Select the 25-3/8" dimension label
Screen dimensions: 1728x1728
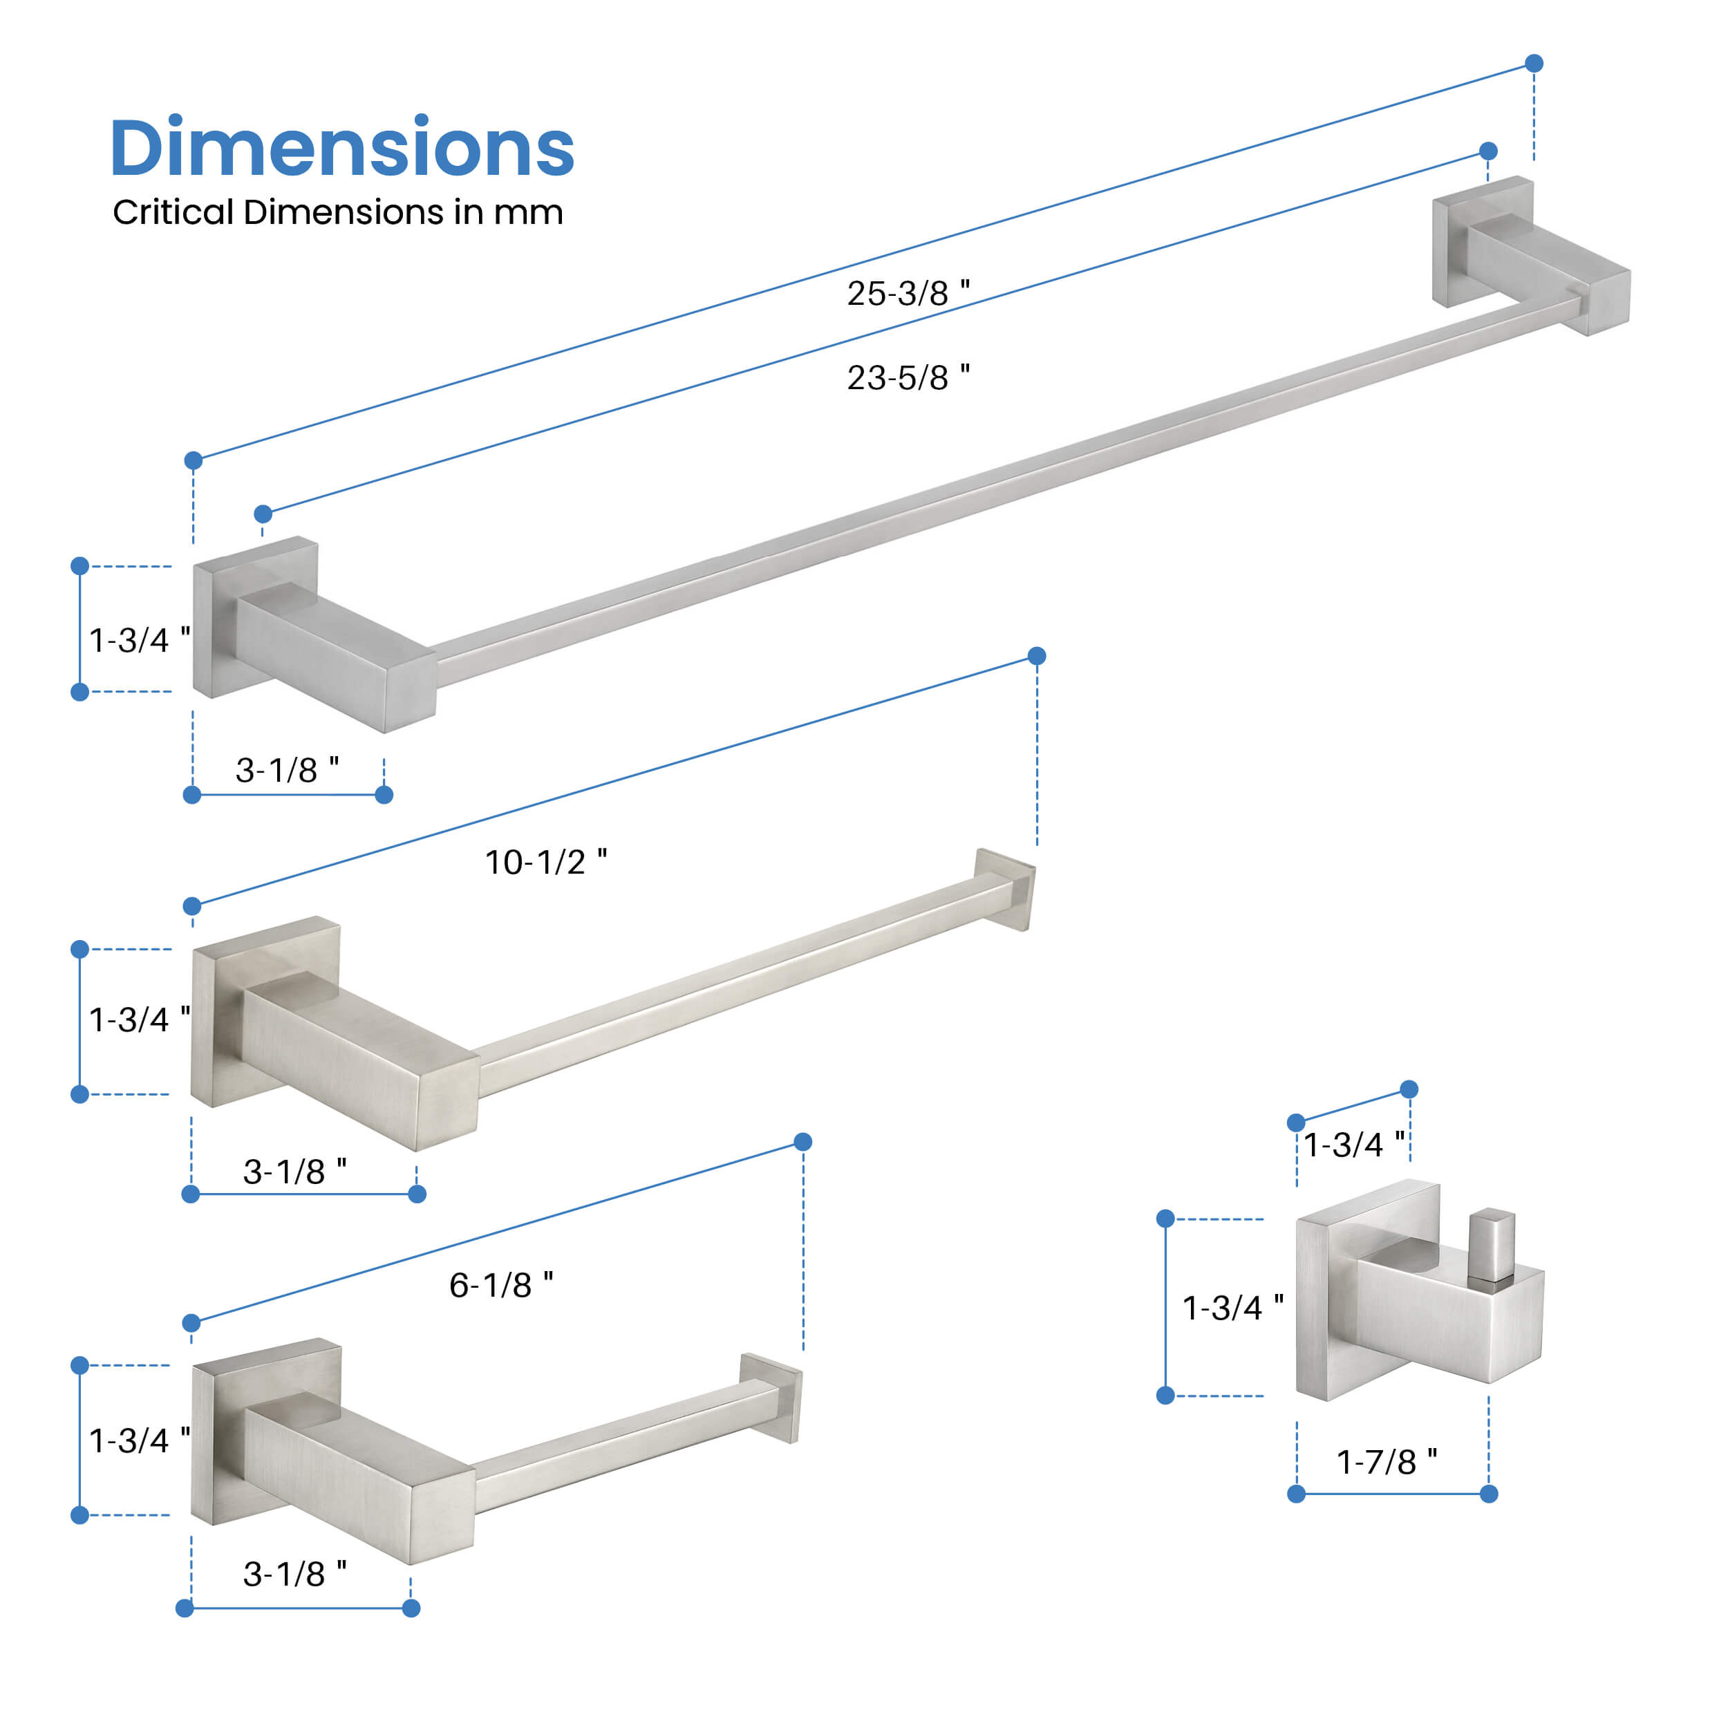(x=908, y=293)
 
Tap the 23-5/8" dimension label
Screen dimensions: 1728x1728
(x=908, y=377)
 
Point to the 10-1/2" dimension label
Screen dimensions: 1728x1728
(x=545, y=862)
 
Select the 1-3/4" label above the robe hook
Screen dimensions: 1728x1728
(x=1353, y=1145)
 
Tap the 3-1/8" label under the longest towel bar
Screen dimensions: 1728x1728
(x=287, y=770)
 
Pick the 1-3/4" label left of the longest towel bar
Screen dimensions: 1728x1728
(x=140, y=641)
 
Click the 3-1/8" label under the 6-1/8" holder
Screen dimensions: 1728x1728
(x=295, y=1574)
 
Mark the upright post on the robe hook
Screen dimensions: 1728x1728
(x=1491, y=1245)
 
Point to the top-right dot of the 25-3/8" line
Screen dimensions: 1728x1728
(x=1534, y=63)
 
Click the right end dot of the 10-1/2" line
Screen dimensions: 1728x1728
(x=1037, y=657)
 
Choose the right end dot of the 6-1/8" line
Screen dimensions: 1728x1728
(x=803, y=1142)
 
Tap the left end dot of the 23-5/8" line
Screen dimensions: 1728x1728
(x=263, y=514)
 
